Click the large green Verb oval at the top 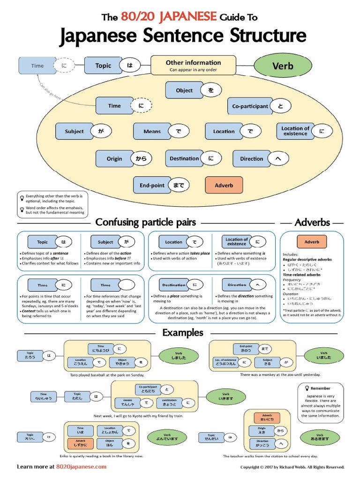pyautogui.click(x=283, y=66)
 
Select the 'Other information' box pyautogui.click(x=193, y=65)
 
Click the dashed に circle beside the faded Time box pyautogui.click(x=64, y=66)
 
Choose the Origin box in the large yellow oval pyautogui.click(x=114, y=159)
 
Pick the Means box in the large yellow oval pyautogui.click(x=152, y=132)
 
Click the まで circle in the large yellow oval pyautogui.click(x=179, y=185)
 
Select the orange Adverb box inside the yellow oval pyautogui.click(x=224, y=185)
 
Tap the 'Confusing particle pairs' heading pyautogui.click(x=146, y=222)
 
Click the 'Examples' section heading pyautogui.click(x=183, y=332)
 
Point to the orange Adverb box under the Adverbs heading pyautogui.click(x=312, y=242)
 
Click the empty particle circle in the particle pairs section pyautogui.click(x=127, y=285)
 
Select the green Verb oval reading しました pyautogui.click(x=179, y=355)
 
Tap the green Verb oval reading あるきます pyautogui.click(x=320, y=437)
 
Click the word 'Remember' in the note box pyautogui.click(x=320, y=388)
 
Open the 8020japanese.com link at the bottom pyautogui.click(x=81, y=466)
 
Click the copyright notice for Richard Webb pyautogui.click(x=292, y=467)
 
